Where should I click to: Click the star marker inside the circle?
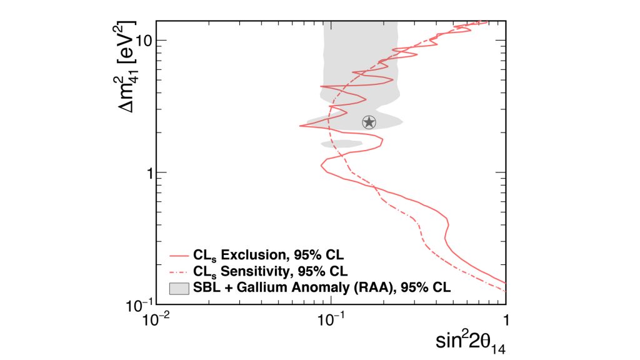[x=369, y=122]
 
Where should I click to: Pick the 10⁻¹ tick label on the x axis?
[x=330, y=319]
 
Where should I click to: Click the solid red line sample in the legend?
[x=179, y=256]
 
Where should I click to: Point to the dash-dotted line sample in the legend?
[x=179, y=271]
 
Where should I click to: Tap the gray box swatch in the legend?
[x=179, y=287]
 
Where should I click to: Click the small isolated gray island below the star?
[x=341, y=144]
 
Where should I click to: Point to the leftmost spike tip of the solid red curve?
[x=301, y=126]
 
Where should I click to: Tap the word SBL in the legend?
[x=206, y=287]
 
